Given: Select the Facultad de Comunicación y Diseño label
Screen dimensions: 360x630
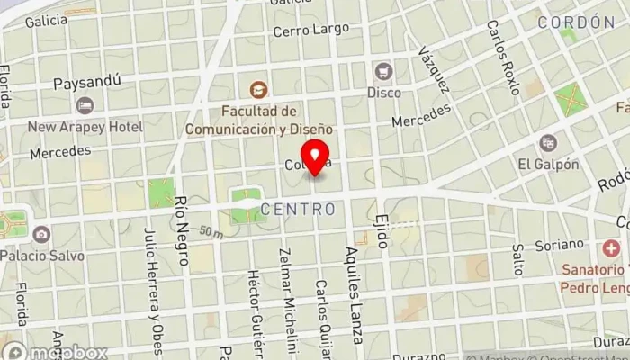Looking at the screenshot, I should pos(259,120).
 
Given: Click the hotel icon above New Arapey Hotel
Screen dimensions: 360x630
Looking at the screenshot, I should pos(85,106).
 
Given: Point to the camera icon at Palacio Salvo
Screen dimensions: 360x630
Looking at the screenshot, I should pos(41,235).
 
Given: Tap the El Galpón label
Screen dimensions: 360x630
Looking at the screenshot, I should pos(547,164).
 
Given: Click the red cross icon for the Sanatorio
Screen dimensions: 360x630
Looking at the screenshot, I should pos(613,247).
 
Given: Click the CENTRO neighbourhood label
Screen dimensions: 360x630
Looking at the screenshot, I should pos(298,210).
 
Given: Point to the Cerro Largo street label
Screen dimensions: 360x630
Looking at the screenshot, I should pos(310,30).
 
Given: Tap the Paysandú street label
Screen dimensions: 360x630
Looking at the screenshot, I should pos(87,85).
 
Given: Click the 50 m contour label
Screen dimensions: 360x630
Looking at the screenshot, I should pos(212,232).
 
